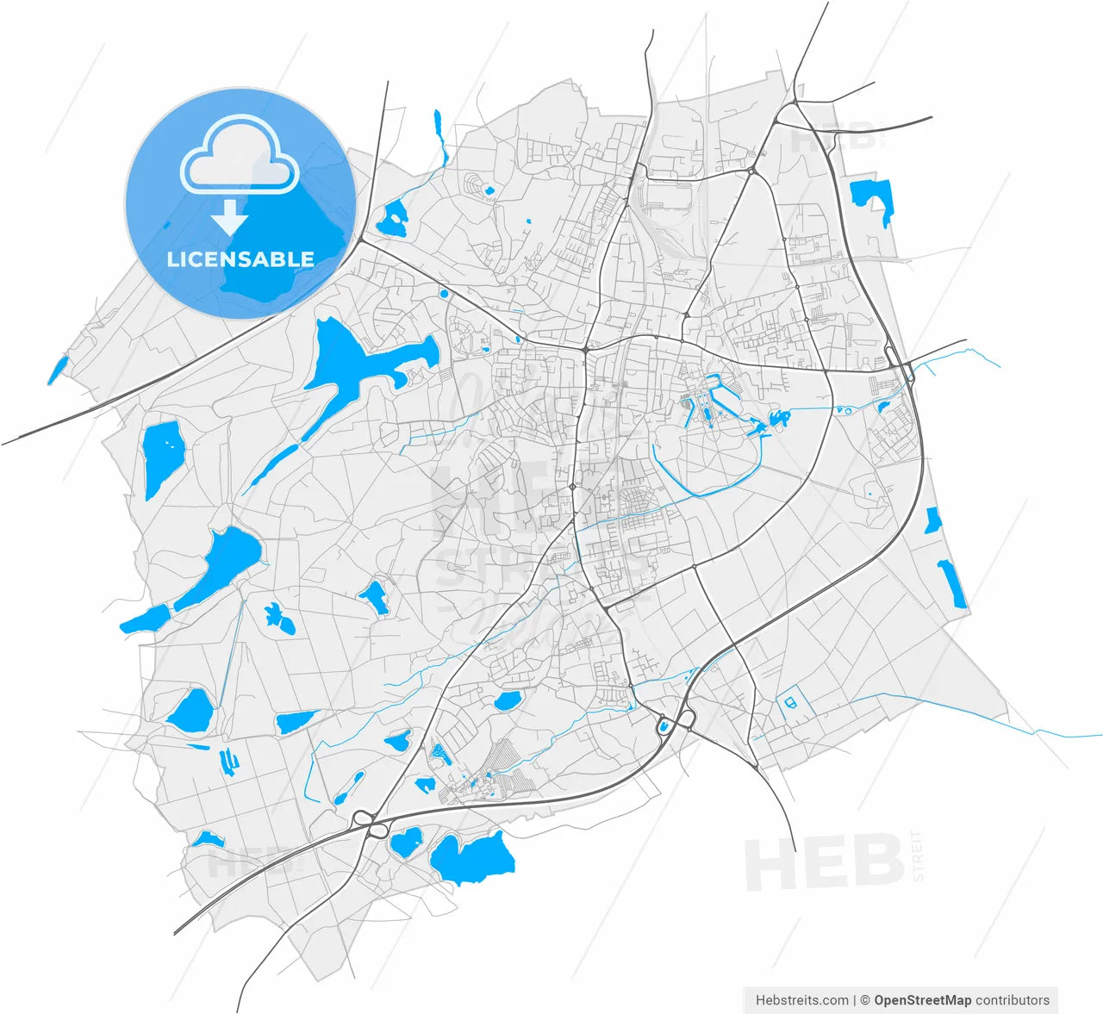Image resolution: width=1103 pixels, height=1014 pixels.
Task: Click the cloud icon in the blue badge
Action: click(x=240, y=155)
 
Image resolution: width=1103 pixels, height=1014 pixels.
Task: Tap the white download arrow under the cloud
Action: click(x=230, y=218)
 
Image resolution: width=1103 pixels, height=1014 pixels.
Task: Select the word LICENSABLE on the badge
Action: click(x=240, y=259)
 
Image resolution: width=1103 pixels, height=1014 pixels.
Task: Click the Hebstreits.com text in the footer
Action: click(x=801, y=1000)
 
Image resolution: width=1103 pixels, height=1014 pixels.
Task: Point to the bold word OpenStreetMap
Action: click(x=922, y=1000)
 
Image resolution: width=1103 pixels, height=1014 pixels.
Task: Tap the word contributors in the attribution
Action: click(x=1013, y=1000)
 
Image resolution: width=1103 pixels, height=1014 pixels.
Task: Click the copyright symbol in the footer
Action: click(x=865, y=1000)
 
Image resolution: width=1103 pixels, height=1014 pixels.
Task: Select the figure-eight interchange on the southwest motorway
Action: click(x=368, y=824)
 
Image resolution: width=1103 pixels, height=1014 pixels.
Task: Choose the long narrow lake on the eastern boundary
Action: click(x=952, y=583)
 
